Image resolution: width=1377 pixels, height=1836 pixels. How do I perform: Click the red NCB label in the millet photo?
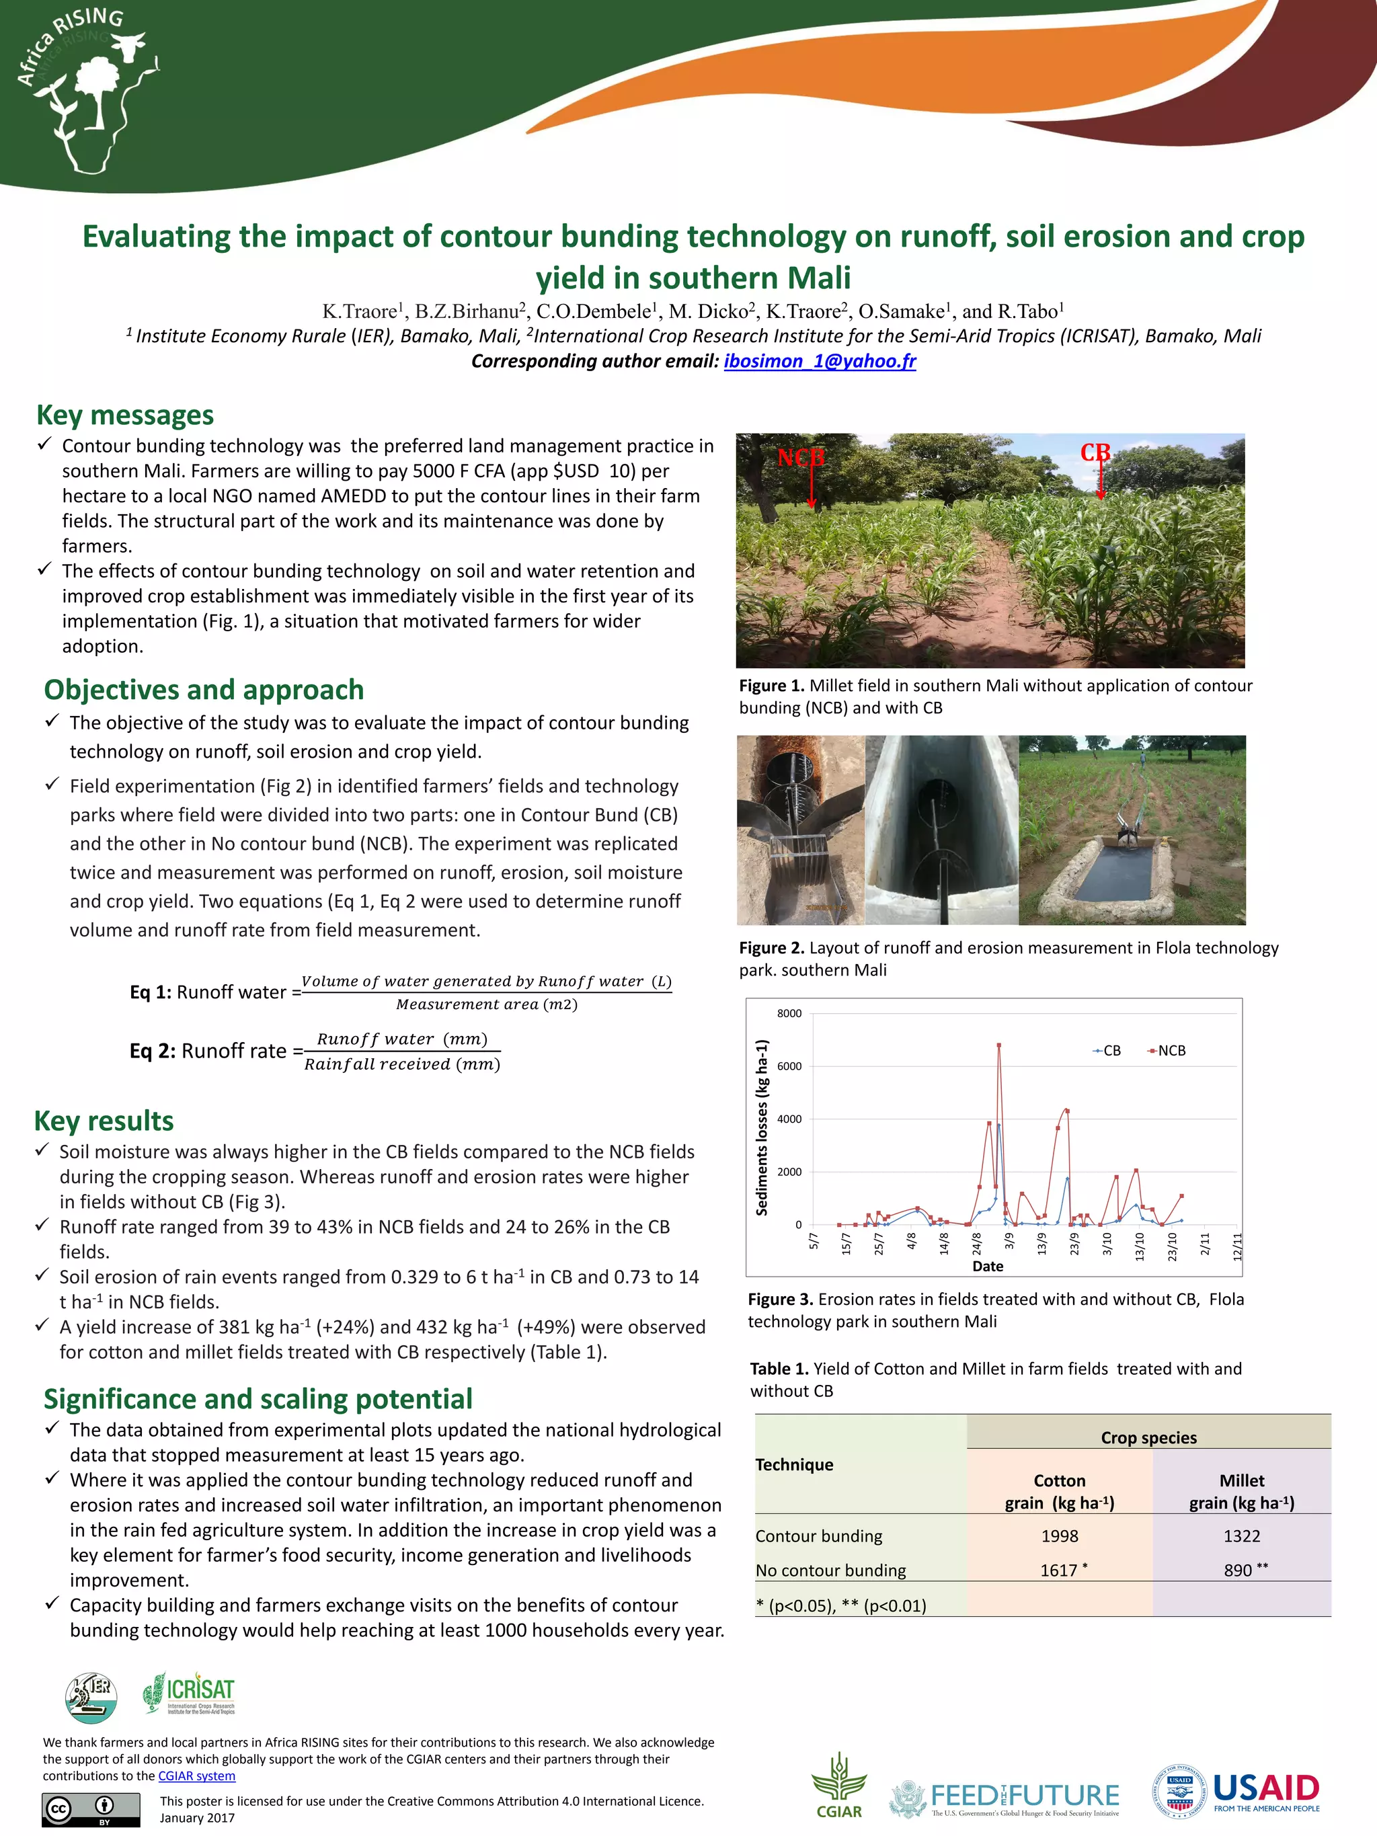[x=800, y=457]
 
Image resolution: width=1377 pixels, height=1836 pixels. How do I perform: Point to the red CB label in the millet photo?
[x=1095, y=452]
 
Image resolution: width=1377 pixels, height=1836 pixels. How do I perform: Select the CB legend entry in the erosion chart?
[x=1107, y=1051]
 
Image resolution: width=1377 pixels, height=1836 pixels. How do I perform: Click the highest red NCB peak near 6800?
[x=998, y=1046]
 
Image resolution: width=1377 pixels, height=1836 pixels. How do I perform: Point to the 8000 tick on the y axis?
[x=789, y=1013]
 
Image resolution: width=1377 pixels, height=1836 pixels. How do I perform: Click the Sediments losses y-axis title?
[x=761, y=1127]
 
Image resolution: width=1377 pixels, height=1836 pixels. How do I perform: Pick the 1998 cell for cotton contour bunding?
[x=1059, y=1536]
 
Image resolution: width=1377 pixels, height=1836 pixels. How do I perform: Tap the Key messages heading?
[x=124, y=415]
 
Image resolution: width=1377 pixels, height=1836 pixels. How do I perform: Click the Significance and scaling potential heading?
[x=258, y=1400]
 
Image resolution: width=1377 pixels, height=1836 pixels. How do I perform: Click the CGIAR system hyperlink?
[x=197, y=1776]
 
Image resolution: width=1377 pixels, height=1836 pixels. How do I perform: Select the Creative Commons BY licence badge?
[x=91, y=1808]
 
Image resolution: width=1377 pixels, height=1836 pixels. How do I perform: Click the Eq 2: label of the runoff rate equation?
[x=152, y=1051]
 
